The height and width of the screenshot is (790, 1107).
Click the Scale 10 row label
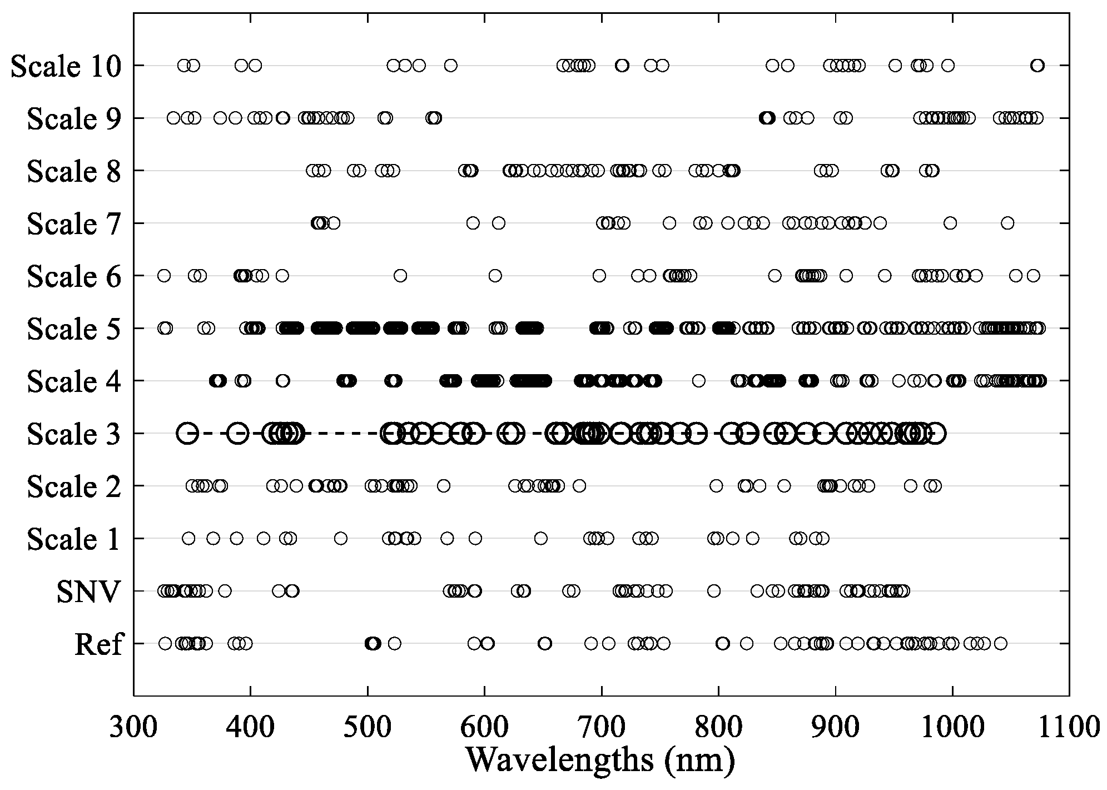(x=66, y=66)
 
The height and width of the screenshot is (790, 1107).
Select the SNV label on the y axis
(x=88, y=592)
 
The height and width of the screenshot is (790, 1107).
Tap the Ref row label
(x=98, y=644)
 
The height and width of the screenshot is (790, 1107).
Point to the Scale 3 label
(x=73, y=434)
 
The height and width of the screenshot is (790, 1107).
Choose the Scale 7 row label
(x=73, y=224)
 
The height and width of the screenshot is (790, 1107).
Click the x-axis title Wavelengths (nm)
(x=600, y=761)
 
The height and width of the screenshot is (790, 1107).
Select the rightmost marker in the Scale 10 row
(x=1037, y=66)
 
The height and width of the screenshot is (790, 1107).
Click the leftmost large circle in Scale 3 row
(x=187, y=433)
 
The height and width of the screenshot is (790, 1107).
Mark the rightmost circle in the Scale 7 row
(x=1007, y=223)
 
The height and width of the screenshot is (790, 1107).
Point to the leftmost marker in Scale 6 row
(x=163, y=275)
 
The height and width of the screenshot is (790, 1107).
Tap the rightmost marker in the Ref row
(x=1001, y=644)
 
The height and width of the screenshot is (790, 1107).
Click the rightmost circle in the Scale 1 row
(x=823, y=538)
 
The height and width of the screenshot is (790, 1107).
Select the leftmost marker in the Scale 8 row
(x=312, y=171)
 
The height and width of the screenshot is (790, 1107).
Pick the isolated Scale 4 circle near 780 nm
(x=699, y=381)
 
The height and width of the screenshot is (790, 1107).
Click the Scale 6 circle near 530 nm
(x=400, y=275)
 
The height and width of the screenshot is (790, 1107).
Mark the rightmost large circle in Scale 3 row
(x=936, y=433)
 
